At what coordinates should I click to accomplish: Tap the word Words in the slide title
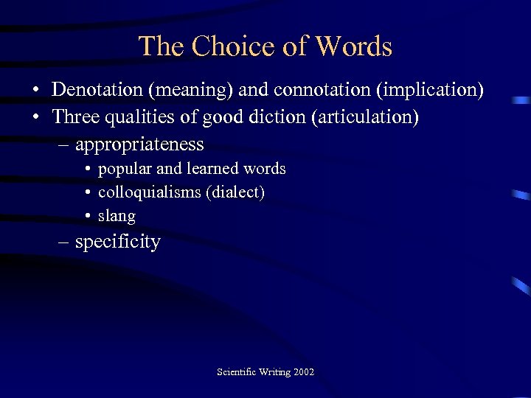pyautogui.click(x=353, y=46)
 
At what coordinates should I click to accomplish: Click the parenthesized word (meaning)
pyautogui.click(x=197, y=90)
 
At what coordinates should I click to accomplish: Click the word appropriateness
pyautogui.click(x=139, y=144)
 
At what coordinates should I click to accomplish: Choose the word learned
pyautogui.click(x=213, y=169)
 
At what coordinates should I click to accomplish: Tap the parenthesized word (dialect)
pyautogui.click(x=235, y=192)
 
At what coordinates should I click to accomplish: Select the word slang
pyautogui.click(x=117, y=216)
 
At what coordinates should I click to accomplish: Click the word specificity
pyautogui.click(x=117, y=242)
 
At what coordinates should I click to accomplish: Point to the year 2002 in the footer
pyautogui.click(x=303, y=371)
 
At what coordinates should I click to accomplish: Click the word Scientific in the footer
pyautogui.click(x=235, y=371)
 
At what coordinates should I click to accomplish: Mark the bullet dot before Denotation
pyautogui.click(x=35, y=91)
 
